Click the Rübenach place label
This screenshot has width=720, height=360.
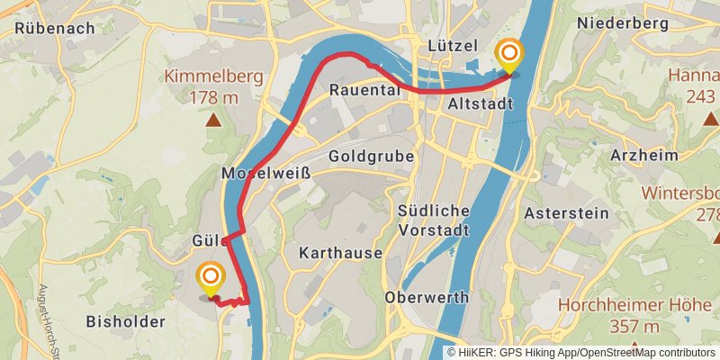click(55, 28)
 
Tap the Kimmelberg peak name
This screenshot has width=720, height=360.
click(214, 76)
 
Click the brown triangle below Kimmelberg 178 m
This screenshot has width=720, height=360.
click(213, 118)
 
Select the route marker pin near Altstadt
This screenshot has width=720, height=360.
click(509, 56)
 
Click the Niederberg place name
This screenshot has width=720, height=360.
click(622, 22)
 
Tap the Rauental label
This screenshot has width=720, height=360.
click(363, 90)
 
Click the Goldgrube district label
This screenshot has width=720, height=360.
click(372, 156)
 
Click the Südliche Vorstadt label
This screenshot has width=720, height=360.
click(434, 220)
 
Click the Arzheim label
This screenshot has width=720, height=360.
click(643, 156)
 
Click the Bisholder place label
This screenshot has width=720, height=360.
click(125, 320)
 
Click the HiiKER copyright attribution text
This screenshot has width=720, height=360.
click(580, 352)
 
